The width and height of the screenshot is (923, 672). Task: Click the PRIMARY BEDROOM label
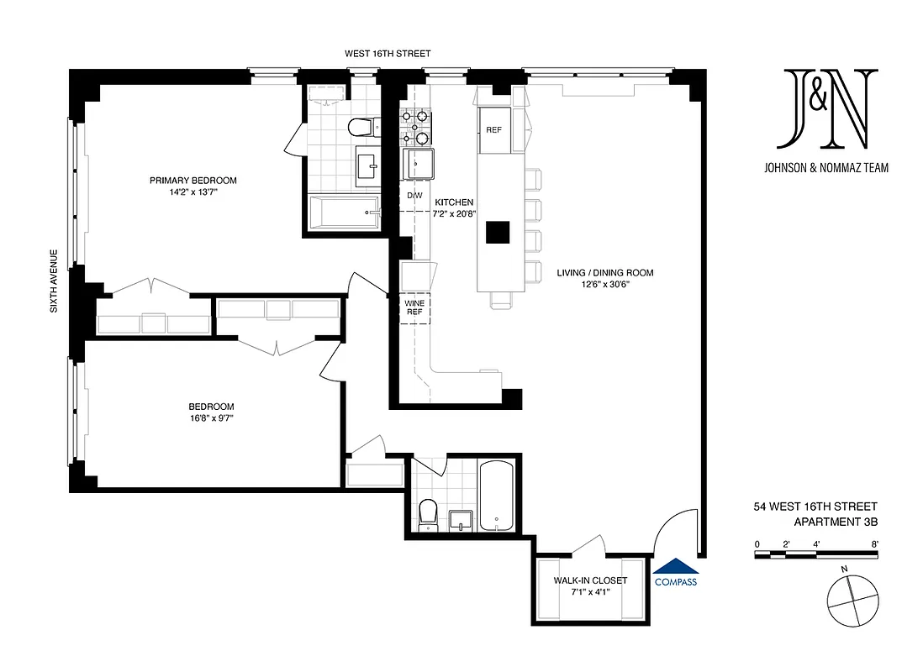(x=193, y=180)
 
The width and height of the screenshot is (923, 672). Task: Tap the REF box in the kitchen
(x=493, y=130)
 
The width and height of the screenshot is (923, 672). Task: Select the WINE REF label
(x=414, y=307)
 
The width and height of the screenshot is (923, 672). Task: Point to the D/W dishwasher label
(x=414, y=196)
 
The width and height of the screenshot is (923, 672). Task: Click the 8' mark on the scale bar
(x=874, y=544)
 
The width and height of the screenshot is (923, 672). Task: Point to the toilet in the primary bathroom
(x=360, y=127)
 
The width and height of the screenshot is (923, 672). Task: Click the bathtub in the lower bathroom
(x=496, y=496)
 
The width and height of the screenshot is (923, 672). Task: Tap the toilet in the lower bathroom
(x=428, y=513)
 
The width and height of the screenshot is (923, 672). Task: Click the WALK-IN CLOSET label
(x=590, y=580)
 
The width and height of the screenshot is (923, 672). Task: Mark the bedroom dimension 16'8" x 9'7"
(x=211, y=419)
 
